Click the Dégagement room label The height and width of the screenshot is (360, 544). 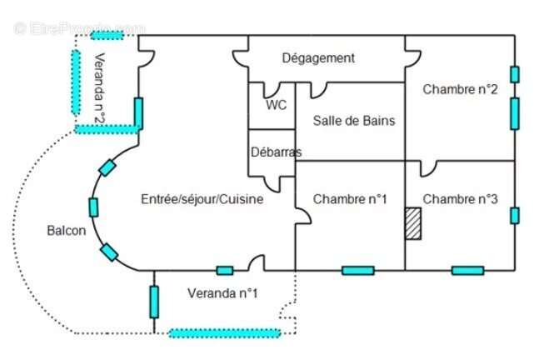318,58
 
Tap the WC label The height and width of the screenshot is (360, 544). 276,106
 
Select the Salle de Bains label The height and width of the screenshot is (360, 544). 353,121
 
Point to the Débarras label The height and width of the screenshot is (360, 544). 276,152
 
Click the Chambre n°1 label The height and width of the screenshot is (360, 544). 350,199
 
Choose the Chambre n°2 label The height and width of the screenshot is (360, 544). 460,89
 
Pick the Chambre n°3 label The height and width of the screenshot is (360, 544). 460,199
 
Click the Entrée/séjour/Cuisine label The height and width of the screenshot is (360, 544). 202,199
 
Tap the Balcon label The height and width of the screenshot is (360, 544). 66,231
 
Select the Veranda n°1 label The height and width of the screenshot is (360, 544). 222,293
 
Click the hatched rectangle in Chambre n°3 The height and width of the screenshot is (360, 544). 413,224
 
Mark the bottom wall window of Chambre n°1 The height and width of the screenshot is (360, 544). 357,270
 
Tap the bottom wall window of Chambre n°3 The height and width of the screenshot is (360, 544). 467,270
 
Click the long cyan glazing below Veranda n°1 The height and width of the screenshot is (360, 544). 225,333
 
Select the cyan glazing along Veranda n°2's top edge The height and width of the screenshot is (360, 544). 107,35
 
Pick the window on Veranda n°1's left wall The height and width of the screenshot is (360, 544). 154,302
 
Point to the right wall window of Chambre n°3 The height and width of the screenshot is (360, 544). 515,216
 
